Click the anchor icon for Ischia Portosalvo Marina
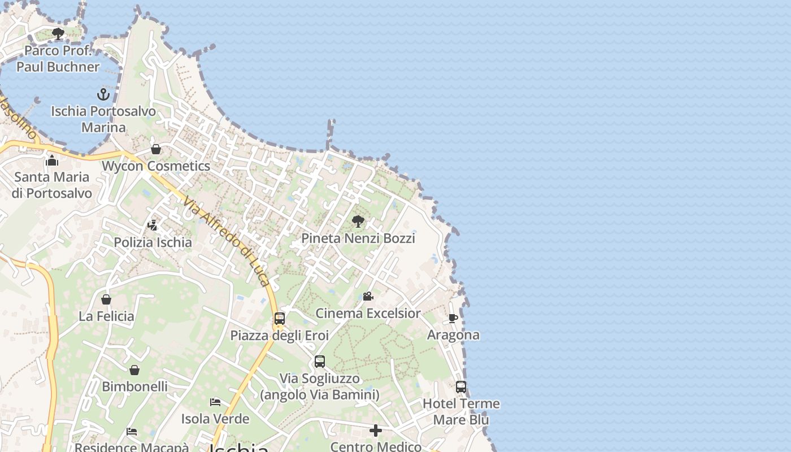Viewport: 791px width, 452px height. click(x=103, y=94)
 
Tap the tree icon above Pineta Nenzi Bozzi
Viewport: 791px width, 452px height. click(x=358, y=221)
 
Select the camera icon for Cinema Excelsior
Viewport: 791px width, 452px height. click(x=368, y=296)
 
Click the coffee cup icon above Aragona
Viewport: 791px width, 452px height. click(x=453, y=318)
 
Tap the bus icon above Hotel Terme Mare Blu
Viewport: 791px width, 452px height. click(x=461, y=387)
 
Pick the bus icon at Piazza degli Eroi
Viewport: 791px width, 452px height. click(x=279, y=318)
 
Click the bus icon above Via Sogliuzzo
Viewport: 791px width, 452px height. click(x=320, y=362)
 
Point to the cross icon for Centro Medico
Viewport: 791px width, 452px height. click(x=376, y=431)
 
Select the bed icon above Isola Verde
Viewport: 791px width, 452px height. click(x=215, y=402)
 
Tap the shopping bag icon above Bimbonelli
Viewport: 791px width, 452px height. click(x=134, y=370)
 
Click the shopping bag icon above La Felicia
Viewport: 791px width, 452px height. click(x=106, y=299)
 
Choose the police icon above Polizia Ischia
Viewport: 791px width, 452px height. click(x=152, y=225)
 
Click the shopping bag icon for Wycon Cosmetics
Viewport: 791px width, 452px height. click(x=156, y=149)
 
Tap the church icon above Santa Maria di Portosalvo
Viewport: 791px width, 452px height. click(x=52, y=160)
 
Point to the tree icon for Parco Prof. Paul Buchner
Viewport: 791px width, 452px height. click(x=58, y=34)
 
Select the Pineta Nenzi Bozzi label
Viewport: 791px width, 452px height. click(x=358, y=238)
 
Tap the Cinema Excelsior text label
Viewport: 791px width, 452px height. click(x=368, y=313)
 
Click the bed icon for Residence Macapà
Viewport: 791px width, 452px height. click(x=132, y=432)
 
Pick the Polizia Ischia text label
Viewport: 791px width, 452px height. click(x=153, y=242)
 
